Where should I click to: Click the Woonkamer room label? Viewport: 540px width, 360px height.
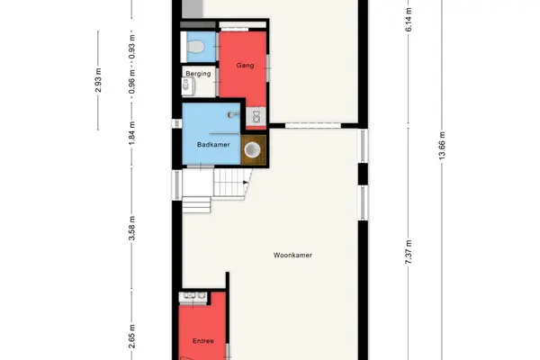292,256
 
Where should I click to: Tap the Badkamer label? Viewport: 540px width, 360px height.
213,145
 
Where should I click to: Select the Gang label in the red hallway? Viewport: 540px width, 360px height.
245,65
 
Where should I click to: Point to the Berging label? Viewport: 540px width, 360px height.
198,74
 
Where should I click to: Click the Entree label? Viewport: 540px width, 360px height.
203,341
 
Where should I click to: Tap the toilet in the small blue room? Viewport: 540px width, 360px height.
194,47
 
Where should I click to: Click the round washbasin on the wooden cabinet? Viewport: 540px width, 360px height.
252,150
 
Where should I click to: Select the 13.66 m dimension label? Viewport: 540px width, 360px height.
442,146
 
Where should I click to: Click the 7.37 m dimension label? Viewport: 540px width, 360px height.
409,252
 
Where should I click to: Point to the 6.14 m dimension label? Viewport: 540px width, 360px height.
409,19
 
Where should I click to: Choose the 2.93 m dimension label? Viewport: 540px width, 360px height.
98,80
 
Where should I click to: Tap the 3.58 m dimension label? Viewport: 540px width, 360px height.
132,228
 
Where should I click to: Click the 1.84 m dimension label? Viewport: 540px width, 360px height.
132,133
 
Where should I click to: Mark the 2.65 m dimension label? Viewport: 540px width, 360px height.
132,337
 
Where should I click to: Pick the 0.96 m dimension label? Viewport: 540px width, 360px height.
132,82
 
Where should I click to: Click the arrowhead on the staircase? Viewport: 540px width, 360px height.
246,182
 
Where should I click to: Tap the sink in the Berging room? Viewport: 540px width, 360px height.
188,85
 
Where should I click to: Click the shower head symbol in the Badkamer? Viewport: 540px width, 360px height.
232,114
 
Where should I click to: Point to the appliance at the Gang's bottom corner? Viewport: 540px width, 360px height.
256,116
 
